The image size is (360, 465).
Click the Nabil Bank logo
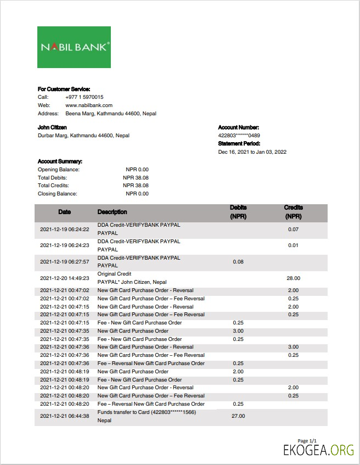tap(74, 47)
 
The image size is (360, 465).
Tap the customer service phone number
tap(84, 97)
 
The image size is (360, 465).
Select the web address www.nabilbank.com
tap(89, 105)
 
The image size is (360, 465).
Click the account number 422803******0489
tap(239, 136)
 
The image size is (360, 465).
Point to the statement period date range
tap(252, 152)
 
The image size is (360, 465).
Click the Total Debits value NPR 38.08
tap(136, 178)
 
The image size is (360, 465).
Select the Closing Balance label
tap(58, 194)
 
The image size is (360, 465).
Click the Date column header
tap(65, 212)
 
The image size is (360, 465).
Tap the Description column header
tap(112, 212)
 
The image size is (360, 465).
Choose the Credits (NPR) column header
tap(293, 212)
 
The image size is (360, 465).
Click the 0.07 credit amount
tap(293, 229)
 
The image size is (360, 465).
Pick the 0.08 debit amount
tap(238, 262)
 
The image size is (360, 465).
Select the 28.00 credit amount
tap(293, 278)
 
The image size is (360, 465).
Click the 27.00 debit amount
tap(238, 416)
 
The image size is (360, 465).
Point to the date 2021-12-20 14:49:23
tap(65, 278)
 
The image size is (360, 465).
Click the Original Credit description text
tap(114, 273)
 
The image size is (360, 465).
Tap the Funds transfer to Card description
tap(147, 412)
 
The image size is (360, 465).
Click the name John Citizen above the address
tap(52, 127)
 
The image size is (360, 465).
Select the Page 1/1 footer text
tap(307, 441)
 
